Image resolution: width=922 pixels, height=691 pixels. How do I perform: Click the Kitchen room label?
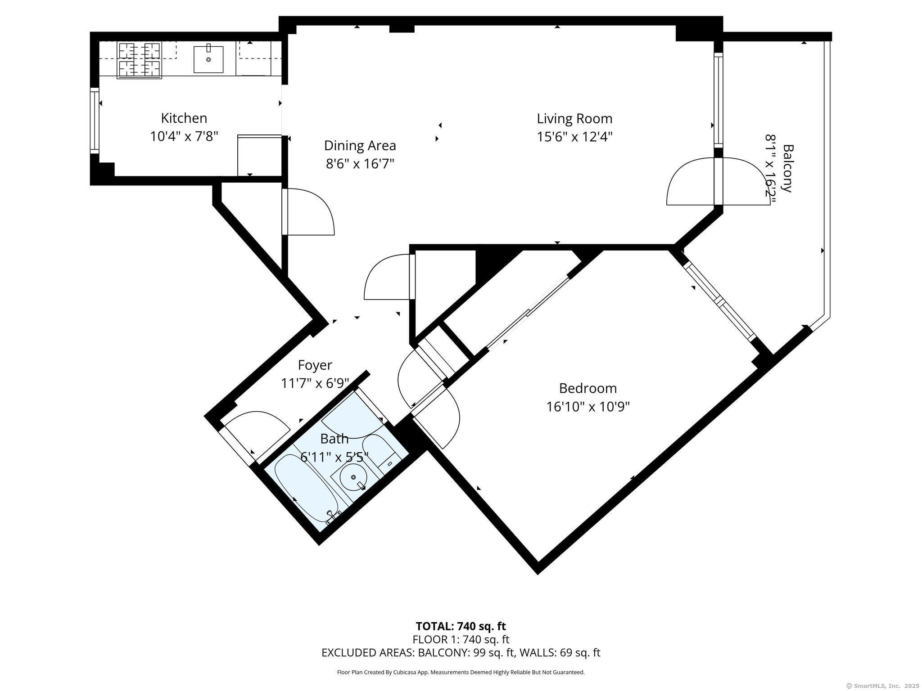[184, 118]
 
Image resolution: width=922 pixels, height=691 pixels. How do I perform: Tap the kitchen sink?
[208, 59]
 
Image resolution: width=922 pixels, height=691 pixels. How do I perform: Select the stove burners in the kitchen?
[139, 60]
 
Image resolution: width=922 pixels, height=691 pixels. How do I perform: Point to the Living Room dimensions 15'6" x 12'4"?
[574, 136]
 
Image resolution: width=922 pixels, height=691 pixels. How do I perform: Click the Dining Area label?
[360, 146]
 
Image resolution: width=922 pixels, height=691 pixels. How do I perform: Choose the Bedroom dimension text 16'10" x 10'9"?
[588, 407]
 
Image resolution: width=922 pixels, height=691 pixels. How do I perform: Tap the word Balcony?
[787, 168]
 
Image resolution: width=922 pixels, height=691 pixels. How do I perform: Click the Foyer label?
[315, 365]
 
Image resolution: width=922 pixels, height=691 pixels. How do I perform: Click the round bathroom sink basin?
[353, 477]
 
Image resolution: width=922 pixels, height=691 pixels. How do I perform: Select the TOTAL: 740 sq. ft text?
[461, 626]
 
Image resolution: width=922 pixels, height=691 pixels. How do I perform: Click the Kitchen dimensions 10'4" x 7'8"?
[184, 136]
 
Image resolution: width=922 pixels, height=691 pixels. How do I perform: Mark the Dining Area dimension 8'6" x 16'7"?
[360, 164]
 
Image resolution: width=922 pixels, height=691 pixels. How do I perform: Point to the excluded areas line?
[461, 653]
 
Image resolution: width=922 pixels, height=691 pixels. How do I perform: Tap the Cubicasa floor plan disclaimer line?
[461, 673]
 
